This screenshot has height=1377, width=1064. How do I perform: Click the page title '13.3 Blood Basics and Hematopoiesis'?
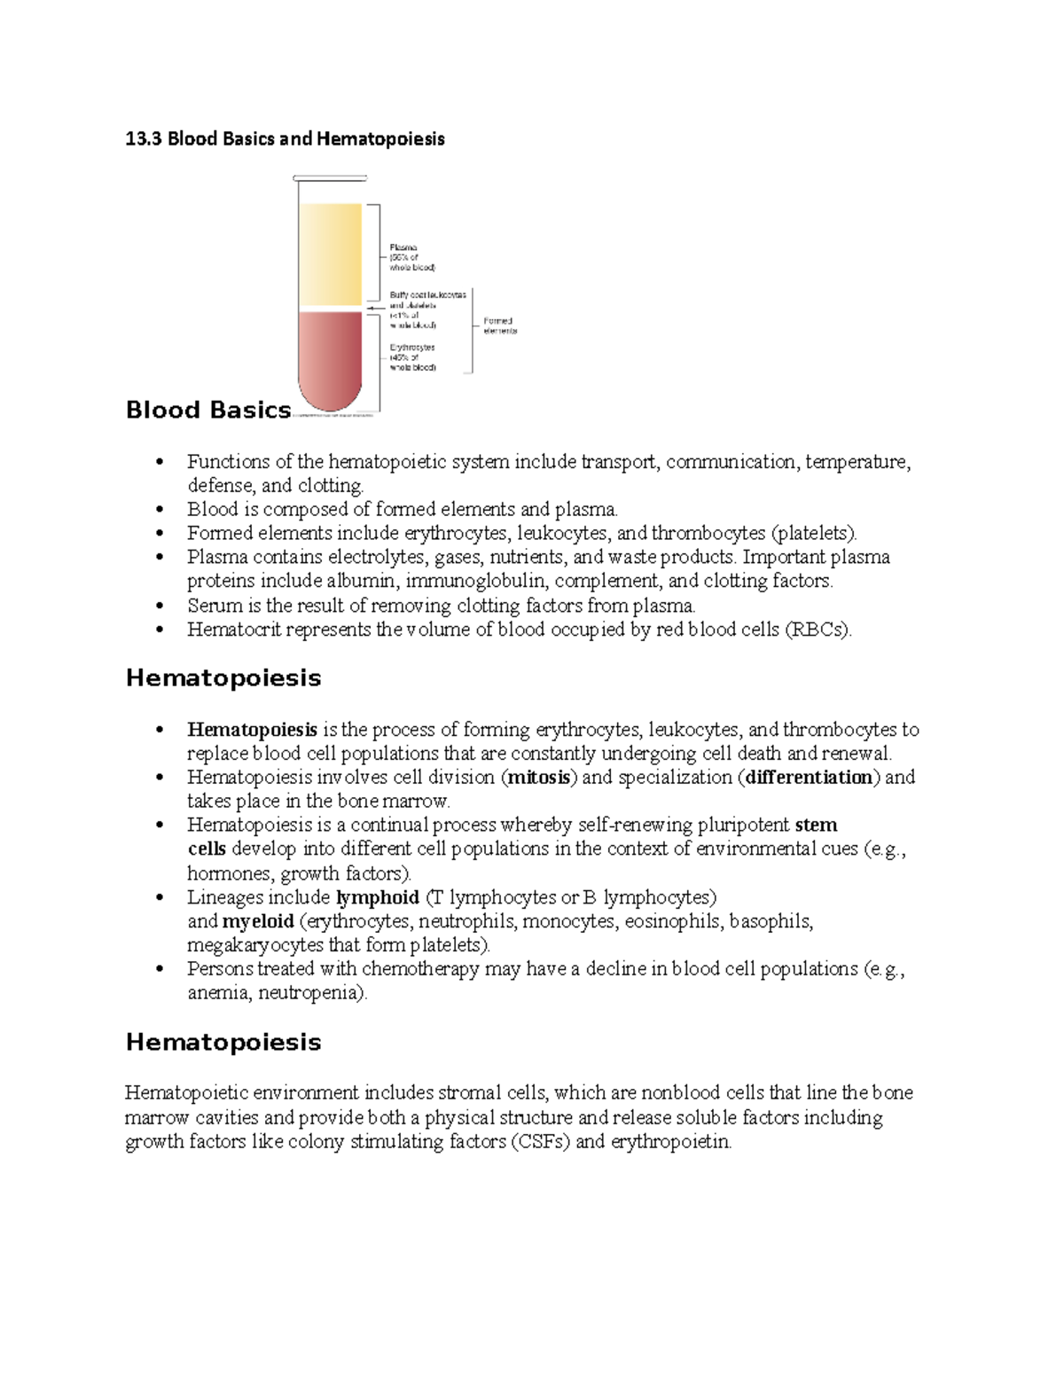pyautogui.click(x=285, y=138)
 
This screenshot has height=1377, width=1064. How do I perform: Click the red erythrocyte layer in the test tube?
pyautogui.click(x=330, y=355)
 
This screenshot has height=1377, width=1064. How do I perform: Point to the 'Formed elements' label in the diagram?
pyautogui.click(x=499, y=325)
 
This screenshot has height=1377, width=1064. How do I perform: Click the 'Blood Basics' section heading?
pyautogui.click(x=208, y=410)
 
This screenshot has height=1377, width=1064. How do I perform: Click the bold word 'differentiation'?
pyautogui.click(x=810, y=778)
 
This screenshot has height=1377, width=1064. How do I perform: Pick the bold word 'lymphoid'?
pyautogui.click(x=377, y=897)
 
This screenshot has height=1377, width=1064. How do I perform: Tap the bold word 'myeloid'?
pyautogui.click(x=258, y=921)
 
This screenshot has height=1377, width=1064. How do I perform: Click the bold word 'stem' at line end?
pyautogui.click(x=816, y=825)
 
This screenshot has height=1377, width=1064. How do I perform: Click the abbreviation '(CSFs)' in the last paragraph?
pyautogui.click(x=540, y=1141)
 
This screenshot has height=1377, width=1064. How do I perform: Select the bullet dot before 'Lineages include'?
pyautogui.click(x=160, y=897)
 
